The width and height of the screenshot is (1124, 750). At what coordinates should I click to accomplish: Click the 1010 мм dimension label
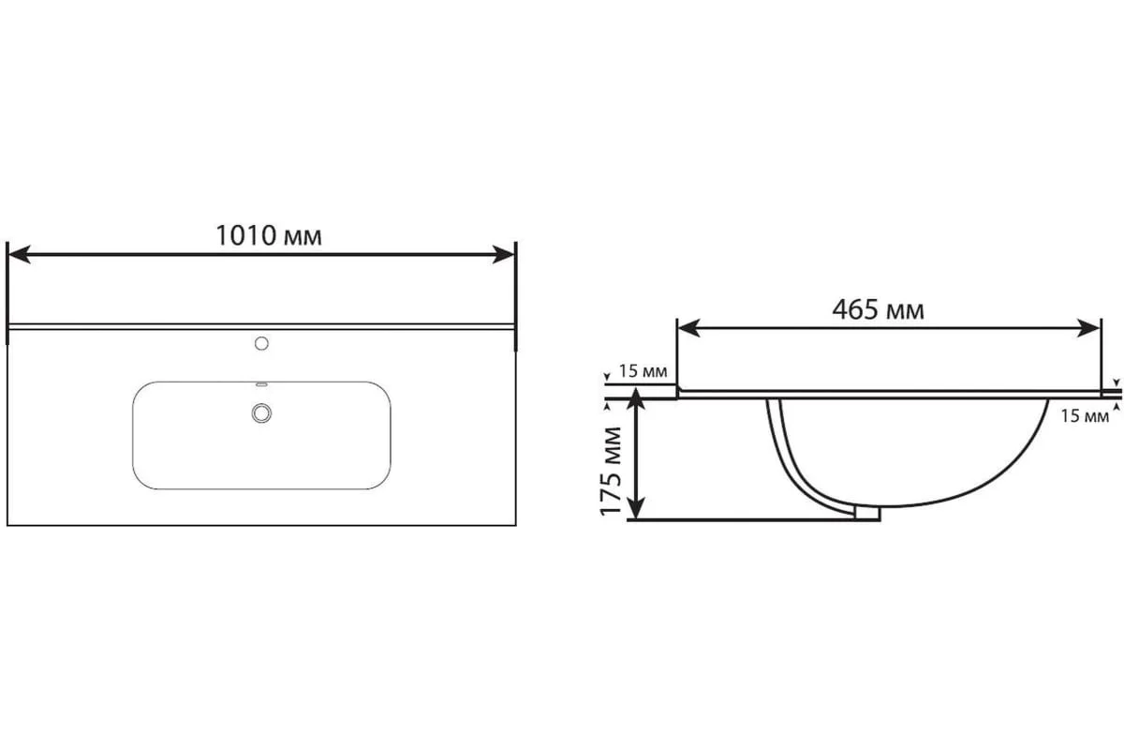click(269, 235)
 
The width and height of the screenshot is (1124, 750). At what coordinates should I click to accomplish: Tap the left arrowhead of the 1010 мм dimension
click(20, 254)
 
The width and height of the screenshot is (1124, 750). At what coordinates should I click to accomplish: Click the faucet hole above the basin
click(261, 344)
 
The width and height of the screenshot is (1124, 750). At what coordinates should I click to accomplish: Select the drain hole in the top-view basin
click(261, 411)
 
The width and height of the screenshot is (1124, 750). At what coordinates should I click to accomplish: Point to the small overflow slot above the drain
click(261, 384)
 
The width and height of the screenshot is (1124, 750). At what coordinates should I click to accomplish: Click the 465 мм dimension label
click(878, 309)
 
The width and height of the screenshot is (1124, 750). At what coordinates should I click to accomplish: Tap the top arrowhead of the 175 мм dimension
click(636, 401)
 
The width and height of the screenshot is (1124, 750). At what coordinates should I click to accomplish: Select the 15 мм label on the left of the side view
click(643, 371)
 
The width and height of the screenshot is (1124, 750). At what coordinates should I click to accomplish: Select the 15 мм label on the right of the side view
click(1084, 416)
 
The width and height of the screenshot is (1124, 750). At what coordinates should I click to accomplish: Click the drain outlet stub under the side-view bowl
click(868, 512)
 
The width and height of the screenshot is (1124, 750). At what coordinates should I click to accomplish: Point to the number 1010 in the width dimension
click(245, 235)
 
